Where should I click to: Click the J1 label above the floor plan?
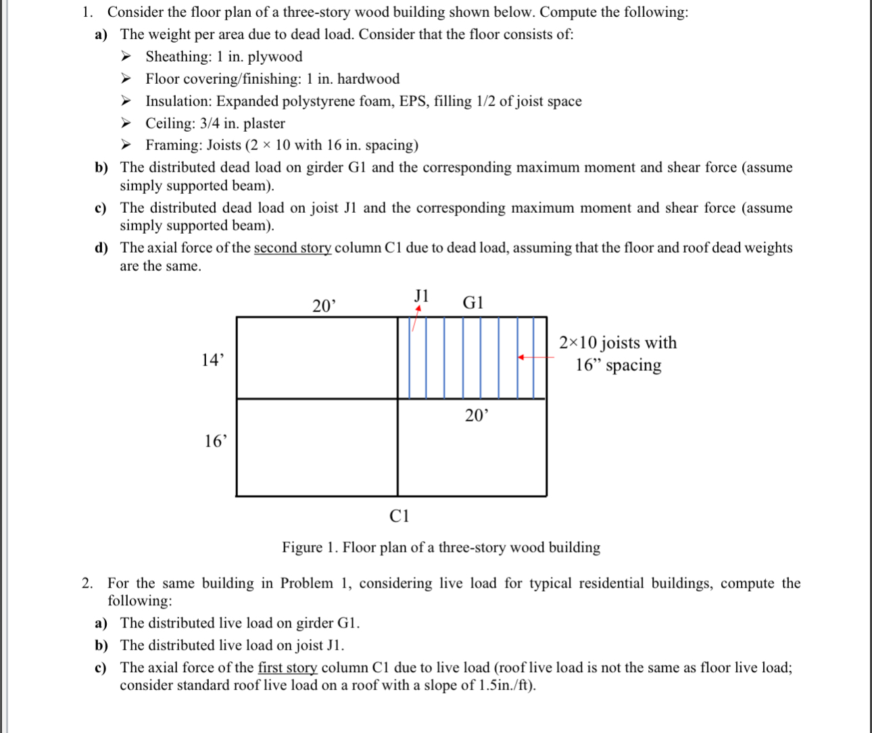[x=421, y=295]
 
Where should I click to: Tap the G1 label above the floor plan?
[x=473, y=303]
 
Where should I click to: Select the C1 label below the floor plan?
[x=399, y=517]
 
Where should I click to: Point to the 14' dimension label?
[x=212, y=360]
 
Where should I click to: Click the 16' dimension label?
[x=216, y=441]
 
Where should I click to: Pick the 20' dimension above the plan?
[x=324, y=306]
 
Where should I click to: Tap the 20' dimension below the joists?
[x=476, y=415]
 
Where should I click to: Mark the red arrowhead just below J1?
[x=418, y=309]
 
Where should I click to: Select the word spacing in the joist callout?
[x=633, y=365]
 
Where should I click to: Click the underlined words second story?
[x=292, y=248]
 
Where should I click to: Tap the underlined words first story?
[x=287, y=667]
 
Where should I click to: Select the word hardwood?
[x=368, y=79]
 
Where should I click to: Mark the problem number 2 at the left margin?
[x=86, y=583]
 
